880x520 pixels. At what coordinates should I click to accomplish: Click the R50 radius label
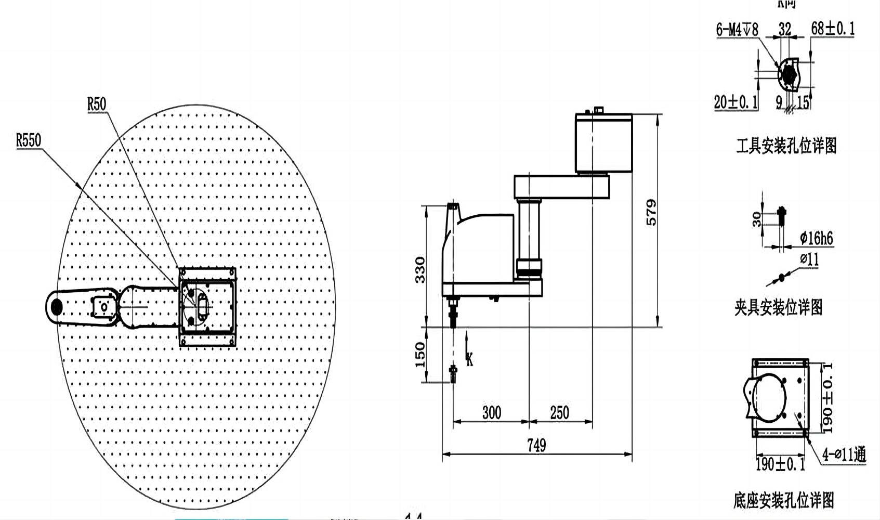(97, 104)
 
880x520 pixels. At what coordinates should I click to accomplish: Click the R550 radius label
(29, 140)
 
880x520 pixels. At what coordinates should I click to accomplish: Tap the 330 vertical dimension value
(420, 269)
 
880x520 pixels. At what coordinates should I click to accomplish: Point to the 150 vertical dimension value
(420, 354)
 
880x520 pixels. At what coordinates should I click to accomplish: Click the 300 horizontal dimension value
(491, 413)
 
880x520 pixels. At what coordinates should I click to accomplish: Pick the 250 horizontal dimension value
(559, 413)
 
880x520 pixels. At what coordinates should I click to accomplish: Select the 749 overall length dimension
(536, 445)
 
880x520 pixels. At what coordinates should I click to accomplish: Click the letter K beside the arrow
(469, 359)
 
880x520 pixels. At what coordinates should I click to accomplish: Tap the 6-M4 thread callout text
(737, 30)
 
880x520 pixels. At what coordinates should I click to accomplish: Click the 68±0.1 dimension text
(833, 28)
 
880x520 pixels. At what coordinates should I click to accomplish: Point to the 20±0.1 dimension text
(736, 102)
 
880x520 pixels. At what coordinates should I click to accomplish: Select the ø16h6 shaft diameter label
(816, 239)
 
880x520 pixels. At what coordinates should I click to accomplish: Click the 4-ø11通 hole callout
(844, 455)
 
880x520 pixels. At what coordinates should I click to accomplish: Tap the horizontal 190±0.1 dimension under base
(780, 464)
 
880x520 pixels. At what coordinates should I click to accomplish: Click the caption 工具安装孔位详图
(786, 146)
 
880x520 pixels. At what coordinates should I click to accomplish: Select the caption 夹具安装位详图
(778, 307)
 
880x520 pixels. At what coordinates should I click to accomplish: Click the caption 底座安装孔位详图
(783, 500)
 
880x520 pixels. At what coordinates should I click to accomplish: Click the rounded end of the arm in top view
(55, 307)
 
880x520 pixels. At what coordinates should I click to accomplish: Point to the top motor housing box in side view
(603, 142)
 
